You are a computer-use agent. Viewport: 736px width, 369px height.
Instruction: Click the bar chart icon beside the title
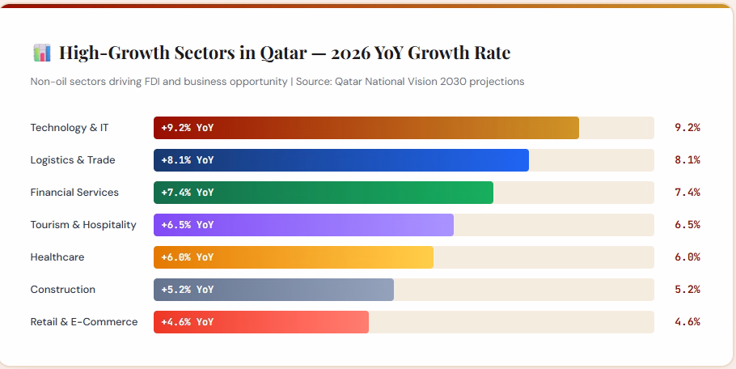(41, 53)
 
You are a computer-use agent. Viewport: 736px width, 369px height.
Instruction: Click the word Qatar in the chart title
(283, 53)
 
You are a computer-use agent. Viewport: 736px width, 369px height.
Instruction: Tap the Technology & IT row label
(69, 128)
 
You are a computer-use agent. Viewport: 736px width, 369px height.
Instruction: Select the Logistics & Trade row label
(73, 160)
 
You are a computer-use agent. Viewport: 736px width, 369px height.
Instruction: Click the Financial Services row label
(74, 193)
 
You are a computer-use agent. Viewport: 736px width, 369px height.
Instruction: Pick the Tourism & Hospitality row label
(83, 225)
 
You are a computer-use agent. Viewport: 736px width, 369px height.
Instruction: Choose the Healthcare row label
(57, 257)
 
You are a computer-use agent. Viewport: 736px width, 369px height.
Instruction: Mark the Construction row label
(63, 290)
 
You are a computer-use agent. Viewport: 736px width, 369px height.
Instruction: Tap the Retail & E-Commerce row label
(84, 322)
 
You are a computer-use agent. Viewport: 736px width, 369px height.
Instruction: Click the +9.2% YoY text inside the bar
(188, 128)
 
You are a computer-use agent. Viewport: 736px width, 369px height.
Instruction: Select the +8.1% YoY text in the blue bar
(188, 160)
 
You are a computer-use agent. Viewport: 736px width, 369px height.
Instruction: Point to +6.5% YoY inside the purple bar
(188, 225)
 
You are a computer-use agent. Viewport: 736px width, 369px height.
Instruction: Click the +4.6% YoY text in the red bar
(188, 322)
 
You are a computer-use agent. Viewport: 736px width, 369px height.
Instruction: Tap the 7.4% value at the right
(687, 193)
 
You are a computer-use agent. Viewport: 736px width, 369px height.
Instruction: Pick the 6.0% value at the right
(687, 257)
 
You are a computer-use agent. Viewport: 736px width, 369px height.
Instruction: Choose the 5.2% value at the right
(687, 290)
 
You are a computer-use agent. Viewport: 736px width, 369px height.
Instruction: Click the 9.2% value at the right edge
(687, 128)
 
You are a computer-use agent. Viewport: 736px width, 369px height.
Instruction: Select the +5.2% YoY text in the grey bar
(188, 290)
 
